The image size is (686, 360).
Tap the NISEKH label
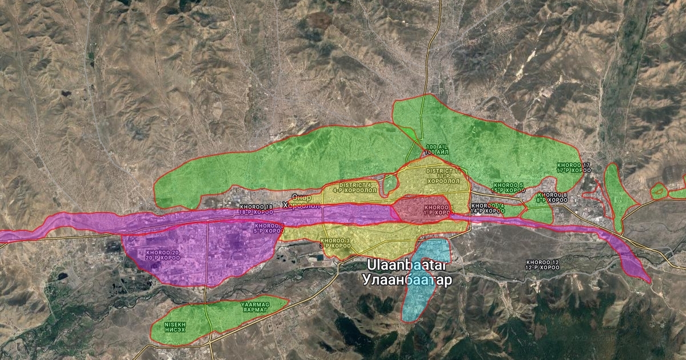pyautogui.click(x=176, y=326)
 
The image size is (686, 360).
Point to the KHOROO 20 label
pyautogui.click(x=163, y=255)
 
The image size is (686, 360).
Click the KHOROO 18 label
pyautogui.click(x=256, y=209)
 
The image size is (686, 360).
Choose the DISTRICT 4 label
pyautogui.click(x=358, y=187)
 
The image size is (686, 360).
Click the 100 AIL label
pyautogui.click(x=437, y=150)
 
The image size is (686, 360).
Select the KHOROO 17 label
pyautogui.click(x=573, y=168)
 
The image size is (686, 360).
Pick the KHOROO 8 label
pyautogui.click(x=552, y=198)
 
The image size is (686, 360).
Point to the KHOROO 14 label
pyautogui.click(x=488, y=208)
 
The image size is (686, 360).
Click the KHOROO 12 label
pyautogui.click(x=543, y=265)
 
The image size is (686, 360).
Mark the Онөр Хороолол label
pyautogui.click(x=301, y=201)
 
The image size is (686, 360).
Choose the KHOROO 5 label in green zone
pyautogui.click(x=508, y=187)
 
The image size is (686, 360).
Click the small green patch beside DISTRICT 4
pyautogui.click(x=390, y=184)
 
